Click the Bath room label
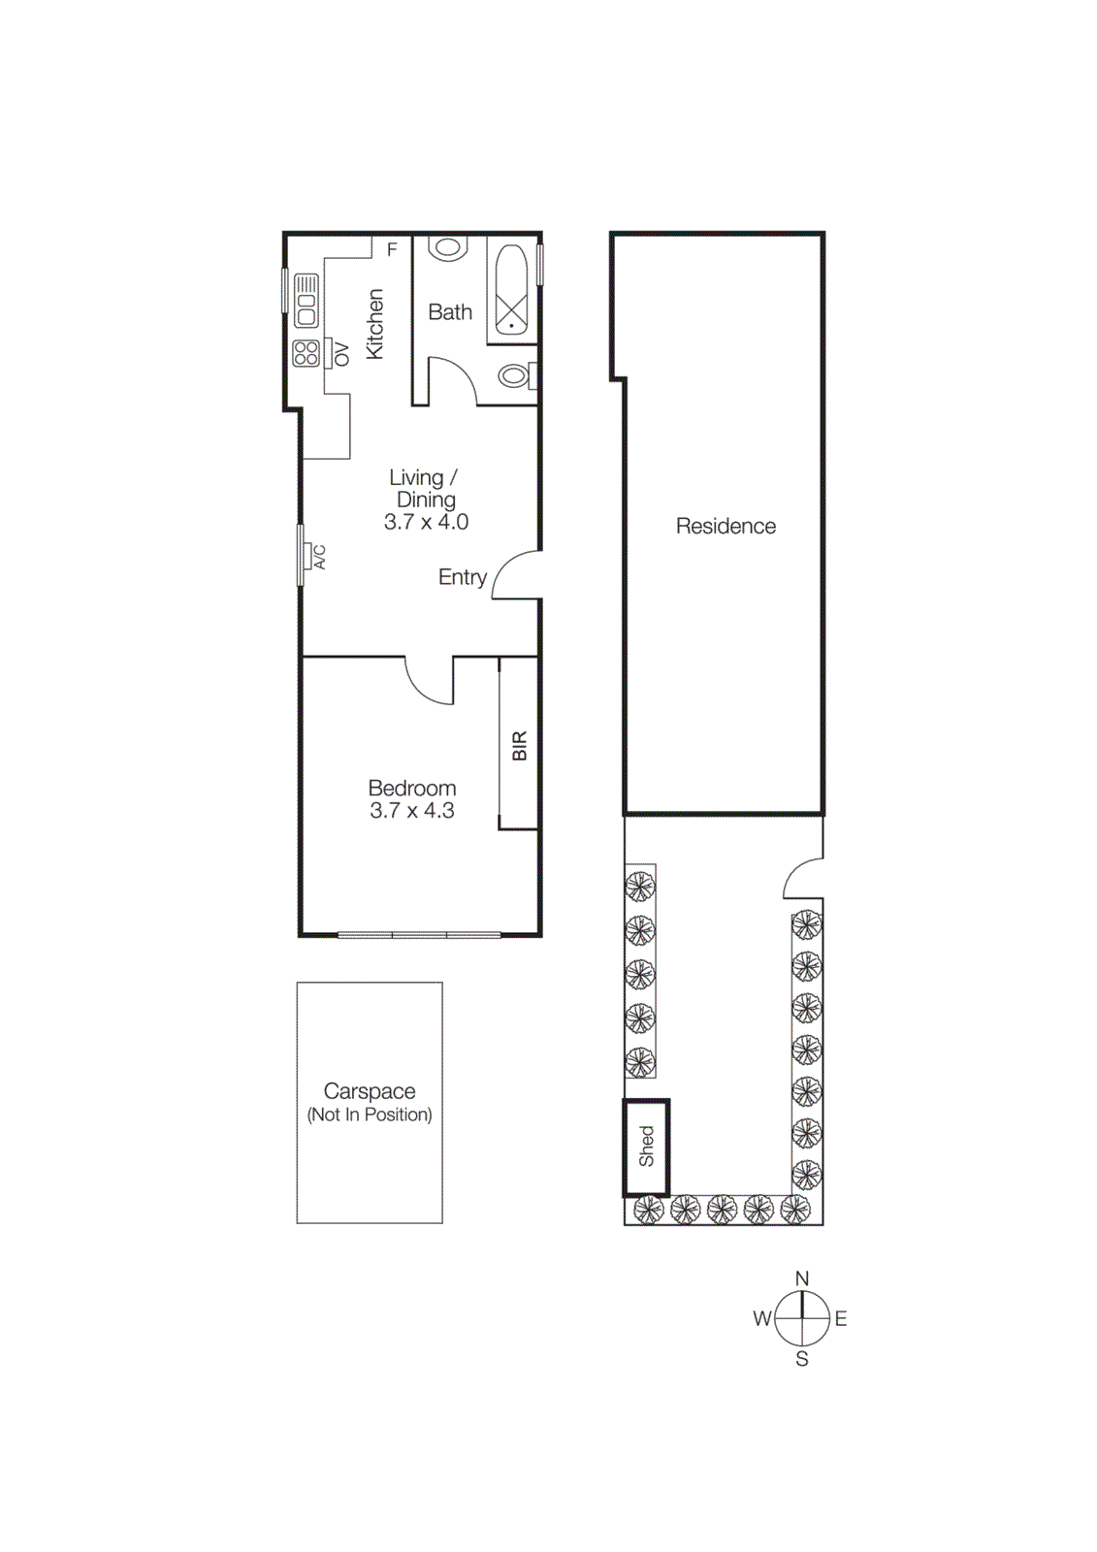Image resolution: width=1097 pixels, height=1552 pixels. point(450,312)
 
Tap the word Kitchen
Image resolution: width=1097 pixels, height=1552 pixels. point(374,324)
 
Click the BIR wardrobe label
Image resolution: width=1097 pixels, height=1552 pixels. point(519,745)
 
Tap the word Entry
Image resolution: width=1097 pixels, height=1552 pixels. point(462,577)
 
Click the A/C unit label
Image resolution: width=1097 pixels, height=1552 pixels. point(319,557)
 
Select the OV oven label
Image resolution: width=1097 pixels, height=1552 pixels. point(340,354)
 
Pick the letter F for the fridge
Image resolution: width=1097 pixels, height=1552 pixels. point(392,249)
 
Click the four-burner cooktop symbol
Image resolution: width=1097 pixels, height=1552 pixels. point(307,353)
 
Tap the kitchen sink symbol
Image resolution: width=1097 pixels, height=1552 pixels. point(307,300)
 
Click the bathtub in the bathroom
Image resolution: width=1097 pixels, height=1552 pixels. point(511,290)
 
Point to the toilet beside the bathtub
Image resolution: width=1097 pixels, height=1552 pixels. point(514,374)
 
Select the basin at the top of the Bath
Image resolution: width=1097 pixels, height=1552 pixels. point(447,247)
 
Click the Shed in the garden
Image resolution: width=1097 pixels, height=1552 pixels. point(646,1147)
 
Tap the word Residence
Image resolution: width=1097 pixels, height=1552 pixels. point(726,526)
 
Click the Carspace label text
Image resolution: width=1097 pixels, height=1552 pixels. point(370,1091)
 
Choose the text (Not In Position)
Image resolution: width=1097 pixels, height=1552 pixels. point(370,1115)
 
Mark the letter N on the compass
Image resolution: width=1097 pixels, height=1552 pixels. point(802,1278)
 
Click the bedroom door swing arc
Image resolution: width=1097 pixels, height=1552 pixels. point(425,684)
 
